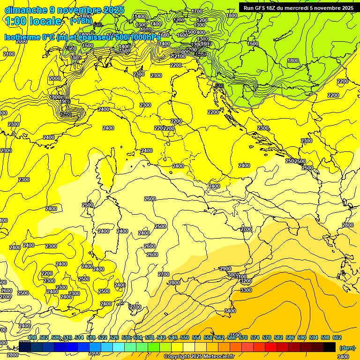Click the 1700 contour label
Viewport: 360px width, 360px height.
(x=197, y=11)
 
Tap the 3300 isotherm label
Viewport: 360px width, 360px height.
(x=246, y=290)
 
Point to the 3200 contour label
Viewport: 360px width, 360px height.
(x=246, y=281)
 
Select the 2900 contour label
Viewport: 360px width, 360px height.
(x=225, y=269)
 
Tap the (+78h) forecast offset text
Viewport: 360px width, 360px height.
(x=81, y=22)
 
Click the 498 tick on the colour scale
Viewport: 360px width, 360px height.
(x=32, y=337)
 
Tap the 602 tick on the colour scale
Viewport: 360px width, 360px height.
(x=337, y=337)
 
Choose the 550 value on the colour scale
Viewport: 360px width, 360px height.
(x=185, y=337)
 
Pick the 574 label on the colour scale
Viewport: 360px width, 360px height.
(x=255, y=337)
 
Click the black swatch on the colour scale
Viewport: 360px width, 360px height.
(x=329, y=347)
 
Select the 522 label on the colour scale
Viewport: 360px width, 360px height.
(x=103, y=337)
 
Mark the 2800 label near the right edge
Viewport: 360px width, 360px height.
(x=347, y=225)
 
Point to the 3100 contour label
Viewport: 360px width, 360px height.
(x=241, y=277)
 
